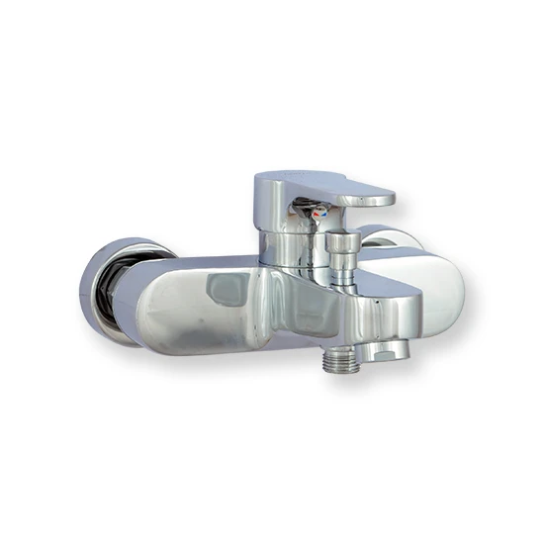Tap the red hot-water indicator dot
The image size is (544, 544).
(x=317, y=214)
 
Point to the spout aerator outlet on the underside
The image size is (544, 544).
(x=380, y=351)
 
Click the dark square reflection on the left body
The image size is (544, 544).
(x=227, y=289)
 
